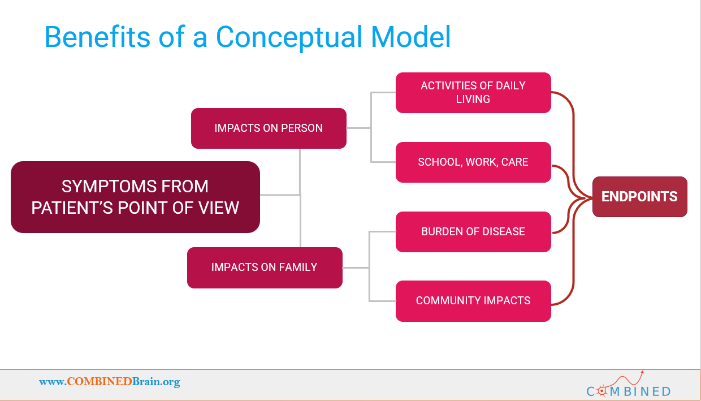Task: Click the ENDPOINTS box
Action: (640, 197)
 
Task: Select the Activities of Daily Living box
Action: (473, 93)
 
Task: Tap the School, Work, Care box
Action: (473, 162)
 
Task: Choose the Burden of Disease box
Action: (473, 232)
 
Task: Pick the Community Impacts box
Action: (473, 301)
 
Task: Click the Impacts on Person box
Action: (269, 128)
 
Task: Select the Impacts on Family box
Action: (265, 268)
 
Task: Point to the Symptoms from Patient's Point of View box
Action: (135, 197)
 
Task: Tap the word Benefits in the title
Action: (97, 37)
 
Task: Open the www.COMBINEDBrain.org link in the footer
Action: (110, 382)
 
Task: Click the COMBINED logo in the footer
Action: (629, 385)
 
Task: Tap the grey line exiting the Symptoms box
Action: (280, 195)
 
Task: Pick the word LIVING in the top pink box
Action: (473, 99)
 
